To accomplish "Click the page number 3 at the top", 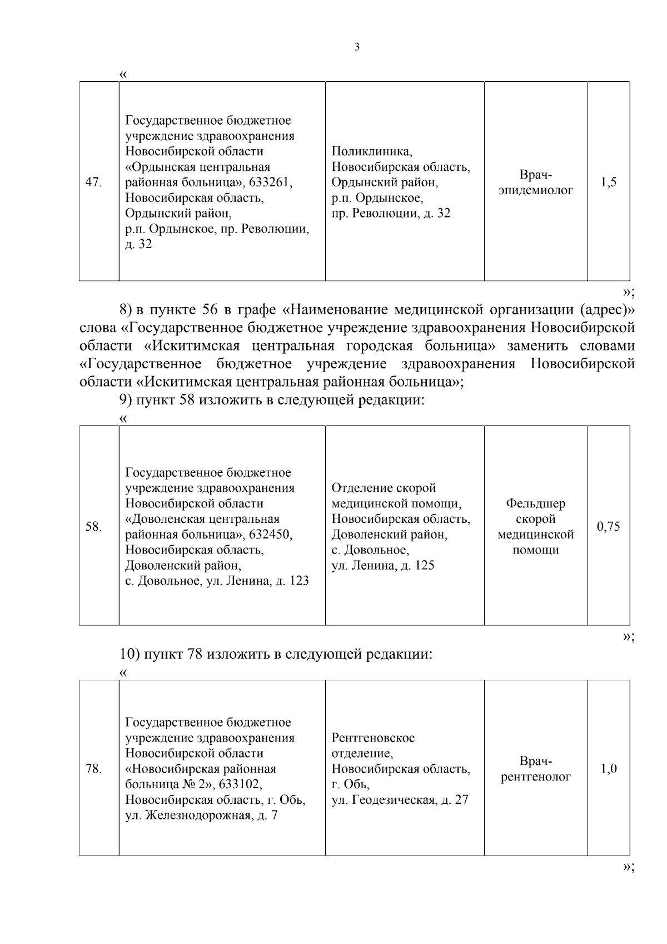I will click(x=356, y=47).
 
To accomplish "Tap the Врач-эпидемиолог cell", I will click(x=535, y=183).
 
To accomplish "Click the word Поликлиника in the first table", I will click(x=371, y=151).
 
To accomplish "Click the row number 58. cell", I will click(x=93, y=526).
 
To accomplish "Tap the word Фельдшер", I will click(x=535, y=503).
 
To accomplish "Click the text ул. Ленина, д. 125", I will click(x=382, y=566).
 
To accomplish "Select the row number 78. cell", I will click(x=93, y=769).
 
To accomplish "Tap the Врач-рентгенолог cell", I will click(x=535, y=769).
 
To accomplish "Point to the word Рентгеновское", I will click(x=373, y=738).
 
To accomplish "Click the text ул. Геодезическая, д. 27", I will click(x=400, y=800).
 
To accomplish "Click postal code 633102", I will click(x=240, y=784).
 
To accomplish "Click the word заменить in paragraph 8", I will click(x=537, y=345).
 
